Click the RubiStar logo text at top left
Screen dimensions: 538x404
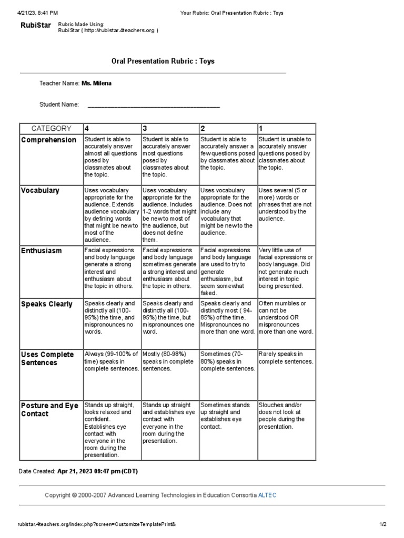pyautogui.click(x=35, y=25)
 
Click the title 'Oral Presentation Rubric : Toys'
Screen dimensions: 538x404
pyautogui.click(x=163, y=61)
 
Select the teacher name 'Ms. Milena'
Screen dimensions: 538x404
pyautogui.click(x=96, y=83)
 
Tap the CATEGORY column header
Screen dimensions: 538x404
pyautogui.click(x=51, y=128)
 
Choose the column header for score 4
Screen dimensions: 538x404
pyautogui.click(x=87, y=128)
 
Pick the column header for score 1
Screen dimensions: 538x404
pyautogui.click(x=261, y=128)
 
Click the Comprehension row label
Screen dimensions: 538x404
pyautogui.click(x=48, y=140)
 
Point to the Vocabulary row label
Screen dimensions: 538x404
pyautogui.click(x=40, y=190)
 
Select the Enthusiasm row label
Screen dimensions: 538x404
pyautogui.click(x=41, y=251)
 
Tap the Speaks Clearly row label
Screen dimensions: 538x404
pyautogui.click(x=46, y=304)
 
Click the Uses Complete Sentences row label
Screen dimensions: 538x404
pyautogui.click(x=47, y=358)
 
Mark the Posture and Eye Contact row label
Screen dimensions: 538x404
pyautogui.click(x=49, y=409)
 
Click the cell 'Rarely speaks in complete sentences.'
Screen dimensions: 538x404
pyautogui.click(x=286, y=357)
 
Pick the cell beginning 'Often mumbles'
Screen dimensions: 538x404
pyautogui.click(x=286, y=317)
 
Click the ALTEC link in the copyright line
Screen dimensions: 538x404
pyautogui.click(x=267, y=495)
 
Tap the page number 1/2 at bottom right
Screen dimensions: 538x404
pyautogui.click(x=382, y=524)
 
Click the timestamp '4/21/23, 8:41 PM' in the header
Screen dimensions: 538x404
pyautogui.click(x=38, y=13)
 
